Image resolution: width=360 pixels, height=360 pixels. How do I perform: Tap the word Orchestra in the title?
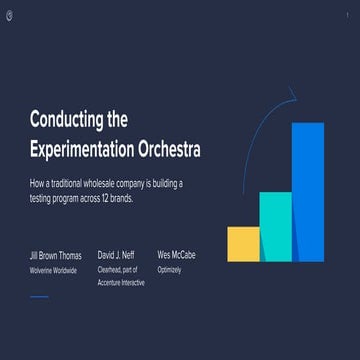click(166, 149)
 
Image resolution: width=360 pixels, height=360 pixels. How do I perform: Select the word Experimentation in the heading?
click(79, 149)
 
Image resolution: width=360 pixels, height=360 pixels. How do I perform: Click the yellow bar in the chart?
click(243, 243)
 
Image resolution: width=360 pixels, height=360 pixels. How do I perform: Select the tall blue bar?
click(308, 192)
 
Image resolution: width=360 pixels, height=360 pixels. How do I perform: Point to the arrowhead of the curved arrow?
click(292, 96)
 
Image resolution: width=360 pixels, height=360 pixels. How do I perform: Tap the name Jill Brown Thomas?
click(55, 256)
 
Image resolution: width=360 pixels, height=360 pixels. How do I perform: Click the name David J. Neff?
click(118, 256)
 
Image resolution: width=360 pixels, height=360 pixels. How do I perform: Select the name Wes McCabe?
click(177, 256)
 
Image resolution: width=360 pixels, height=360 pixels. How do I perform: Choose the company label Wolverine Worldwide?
click(54, 270)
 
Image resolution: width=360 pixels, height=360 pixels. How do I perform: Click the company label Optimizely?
click(169, 270)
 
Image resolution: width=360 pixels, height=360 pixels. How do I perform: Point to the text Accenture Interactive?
click(121, 283)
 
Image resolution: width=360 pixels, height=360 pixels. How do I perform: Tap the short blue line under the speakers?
click(39, 297)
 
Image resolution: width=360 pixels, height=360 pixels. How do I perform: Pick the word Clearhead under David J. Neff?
click(110, 270)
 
